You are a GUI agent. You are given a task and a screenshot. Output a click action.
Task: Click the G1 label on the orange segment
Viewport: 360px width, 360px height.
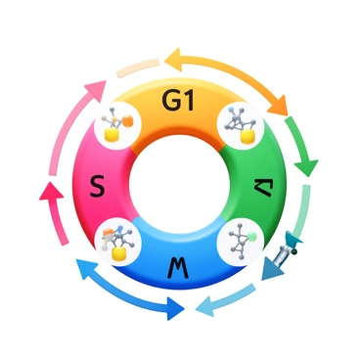pos(181,102)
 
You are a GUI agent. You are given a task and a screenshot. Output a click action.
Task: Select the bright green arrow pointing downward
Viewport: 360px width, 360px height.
pos(304,147)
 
